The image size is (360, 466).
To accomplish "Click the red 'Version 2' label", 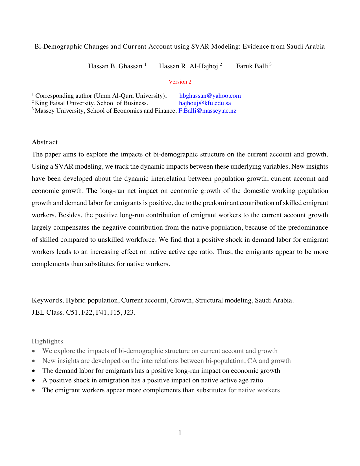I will pos(180,82).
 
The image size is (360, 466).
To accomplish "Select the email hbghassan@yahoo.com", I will pos(210,96).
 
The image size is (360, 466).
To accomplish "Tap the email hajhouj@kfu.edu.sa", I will pos(205,103).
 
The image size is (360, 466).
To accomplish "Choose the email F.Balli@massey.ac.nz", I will pos(207,111).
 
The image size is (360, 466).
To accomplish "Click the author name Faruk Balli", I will pos(252,66).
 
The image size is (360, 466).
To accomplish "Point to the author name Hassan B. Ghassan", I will pos(115,66).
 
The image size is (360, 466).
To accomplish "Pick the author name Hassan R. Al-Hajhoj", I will pos(188,66).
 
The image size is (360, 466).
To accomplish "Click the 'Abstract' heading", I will pos(45,142).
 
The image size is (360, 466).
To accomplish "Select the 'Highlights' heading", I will pos(47,341).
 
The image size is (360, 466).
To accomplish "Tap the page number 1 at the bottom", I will pos(180,433).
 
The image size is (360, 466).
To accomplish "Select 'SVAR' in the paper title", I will pos(200,47).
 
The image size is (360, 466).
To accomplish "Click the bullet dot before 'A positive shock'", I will pos(34,380).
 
